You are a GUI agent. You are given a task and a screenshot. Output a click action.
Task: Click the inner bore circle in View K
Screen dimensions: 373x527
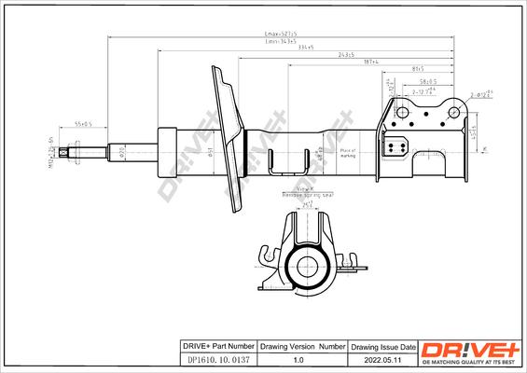point(305,264)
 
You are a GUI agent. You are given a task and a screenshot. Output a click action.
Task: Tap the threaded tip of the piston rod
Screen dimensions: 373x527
point(64,151)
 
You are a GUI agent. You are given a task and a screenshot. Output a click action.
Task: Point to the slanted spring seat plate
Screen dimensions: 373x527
point(227,135)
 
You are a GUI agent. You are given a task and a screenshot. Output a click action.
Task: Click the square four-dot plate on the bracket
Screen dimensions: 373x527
point(395,147)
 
